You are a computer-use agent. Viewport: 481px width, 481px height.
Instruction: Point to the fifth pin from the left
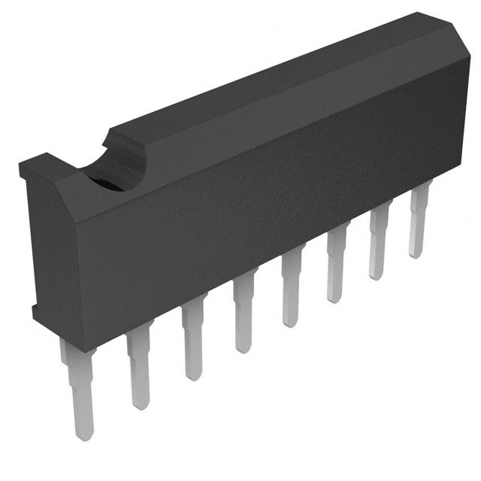pyautogui.click(x=290, y=289)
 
